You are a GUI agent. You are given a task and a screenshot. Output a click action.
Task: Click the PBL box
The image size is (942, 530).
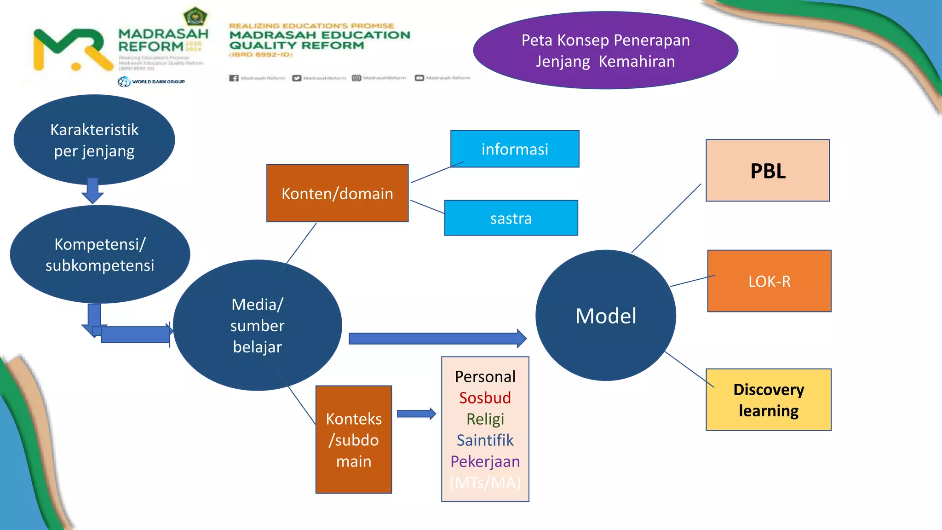pos(768,171)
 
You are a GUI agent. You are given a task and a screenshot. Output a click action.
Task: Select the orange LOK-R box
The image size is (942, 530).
pos(769,281)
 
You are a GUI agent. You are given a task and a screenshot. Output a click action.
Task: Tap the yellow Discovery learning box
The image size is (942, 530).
pos(769,400)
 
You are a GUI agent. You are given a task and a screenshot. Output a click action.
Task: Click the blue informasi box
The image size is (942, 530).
pos(515,149)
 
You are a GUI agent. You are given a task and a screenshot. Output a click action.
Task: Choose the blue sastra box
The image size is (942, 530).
pos(511,218)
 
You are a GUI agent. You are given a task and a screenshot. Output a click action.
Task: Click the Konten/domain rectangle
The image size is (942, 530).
pos(337,193)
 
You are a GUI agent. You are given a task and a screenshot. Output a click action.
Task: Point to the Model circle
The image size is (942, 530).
pos(606,316)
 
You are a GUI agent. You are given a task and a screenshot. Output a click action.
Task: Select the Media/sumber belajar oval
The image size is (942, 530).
pos(257,325)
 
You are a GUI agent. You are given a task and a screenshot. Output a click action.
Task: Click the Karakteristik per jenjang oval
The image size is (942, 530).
pos(94,140)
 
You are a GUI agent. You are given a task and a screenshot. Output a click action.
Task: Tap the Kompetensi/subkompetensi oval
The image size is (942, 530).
pos(100,254)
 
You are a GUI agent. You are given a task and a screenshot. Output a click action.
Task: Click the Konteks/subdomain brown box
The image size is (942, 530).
pos(354,440)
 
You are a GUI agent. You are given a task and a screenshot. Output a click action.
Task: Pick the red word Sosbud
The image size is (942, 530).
pos(485,398)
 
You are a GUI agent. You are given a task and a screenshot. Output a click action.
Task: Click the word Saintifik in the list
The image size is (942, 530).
pos(485,440)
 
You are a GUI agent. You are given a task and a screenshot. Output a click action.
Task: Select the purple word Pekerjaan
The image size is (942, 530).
pos(485,461)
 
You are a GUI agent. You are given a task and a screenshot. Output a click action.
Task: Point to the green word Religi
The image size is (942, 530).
pos(485,419)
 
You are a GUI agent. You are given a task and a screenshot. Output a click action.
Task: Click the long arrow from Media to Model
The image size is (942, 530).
pos(437,339)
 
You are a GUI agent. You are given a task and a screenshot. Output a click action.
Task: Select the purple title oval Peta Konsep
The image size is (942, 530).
pos(605,51)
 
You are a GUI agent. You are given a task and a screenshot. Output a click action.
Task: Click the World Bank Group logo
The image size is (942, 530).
pos(151,82)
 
